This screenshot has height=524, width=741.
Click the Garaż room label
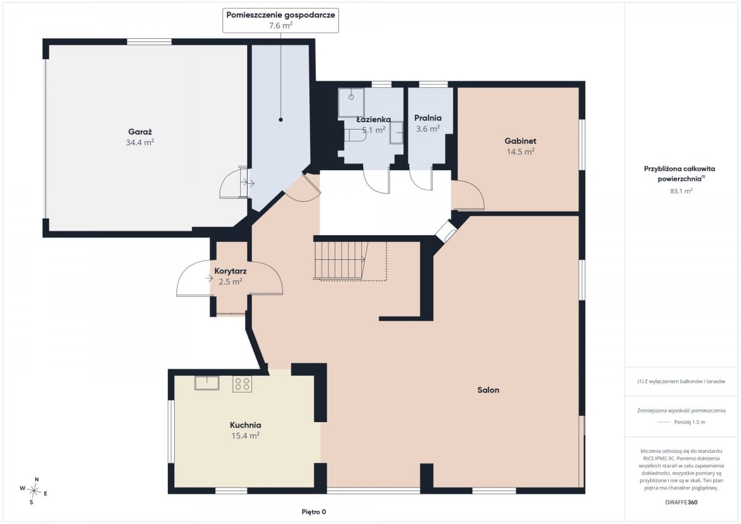pyautogui.click(x=140, y=132)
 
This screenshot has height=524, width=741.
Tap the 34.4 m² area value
pyautogui.click(x=140, y=143)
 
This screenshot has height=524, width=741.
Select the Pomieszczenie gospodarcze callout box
pyautogui.click(x=280, y=20)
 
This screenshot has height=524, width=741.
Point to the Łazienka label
pyautogui.click(x=374, y=119)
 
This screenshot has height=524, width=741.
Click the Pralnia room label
pyautogui.click(x=428, y=118)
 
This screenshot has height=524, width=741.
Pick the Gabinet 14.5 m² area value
pyautogui.click(x=521, y=152)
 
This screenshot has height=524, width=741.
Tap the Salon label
pyautogui.click(x=488, y=390)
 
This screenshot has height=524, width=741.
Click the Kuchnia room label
pyautogui.click(x=246, y=425)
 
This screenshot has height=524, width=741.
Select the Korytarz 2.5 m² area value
pyautogui.click(x=230, y=281)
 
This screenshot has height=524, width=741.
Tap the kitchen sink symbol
pyautogui.click(x=207, y=383)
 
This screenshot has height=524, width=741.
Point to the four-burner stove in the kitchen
pyautogui.click(x=242, y=384)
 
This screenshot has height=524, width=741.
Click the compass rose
pyautogui.click(x=34, y=491)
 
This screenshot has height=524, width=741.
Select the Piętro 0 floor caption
pyautogui.click(x=314, y=512)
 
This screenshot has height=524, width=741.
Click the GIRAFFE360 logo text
pyautogui.click(x=681, y=502)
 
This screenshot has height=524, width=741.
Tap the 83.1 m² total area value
pyautogui.click(x=681, y=191)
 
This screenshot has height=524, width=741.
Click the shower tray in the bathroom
pyautogui.click(x=351, y=102)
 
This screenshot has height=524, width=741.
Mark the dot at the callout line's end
pyautogui.click(x=280, y=120)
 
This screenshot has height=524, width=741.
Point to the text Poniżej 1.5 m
pyautogui.click(x=690, y=422)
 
